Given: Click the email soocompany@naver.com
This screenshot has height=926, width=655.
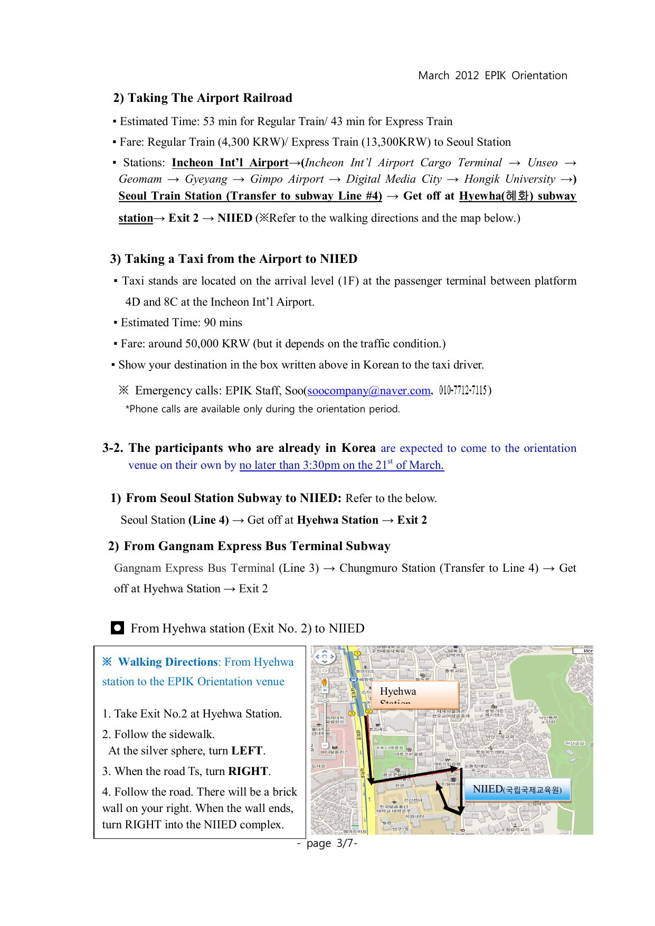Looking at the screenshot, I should (x=369, y=391).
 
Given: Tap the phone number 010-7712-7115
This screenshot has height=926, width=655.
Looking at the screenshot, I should (x=462, y=390).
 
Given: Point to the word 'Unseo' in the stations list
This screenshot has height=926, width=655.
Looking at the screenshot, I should (x=542, y=163).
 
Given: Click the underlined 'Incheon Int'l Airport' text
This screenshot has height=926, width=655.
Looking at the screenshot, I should (x=230, y=163).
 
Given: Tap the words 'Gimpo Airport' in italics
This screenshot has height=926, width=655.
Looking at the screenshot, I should (x=287, y=179).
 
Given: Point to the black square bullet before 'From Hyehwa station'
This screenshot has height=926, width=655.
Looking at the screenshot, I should (x=117, y=628).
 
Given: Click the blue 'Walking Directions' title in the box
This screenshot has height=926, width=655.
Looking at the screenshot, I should (x=168, y=662).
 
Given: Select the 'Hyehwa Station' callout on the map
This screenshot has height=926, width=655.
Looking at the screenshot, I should (x=415, y=694).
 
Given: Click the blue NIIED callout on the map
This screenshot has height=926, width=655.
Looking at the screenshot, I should (x=517, y=790).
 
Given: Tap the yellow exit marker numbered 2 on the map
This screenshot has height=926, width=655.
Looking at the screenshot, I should (x=369, y=711).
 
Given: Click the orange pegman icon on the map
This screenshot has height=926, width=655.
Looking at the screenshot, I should (x=325, y=682).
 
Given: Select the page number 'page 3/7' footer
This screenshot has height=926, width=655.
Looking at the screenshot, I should (x=327, y=843).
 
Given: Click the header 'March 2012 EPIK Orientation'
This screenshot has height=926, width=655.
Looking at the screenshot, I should (x=492, y=75).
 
